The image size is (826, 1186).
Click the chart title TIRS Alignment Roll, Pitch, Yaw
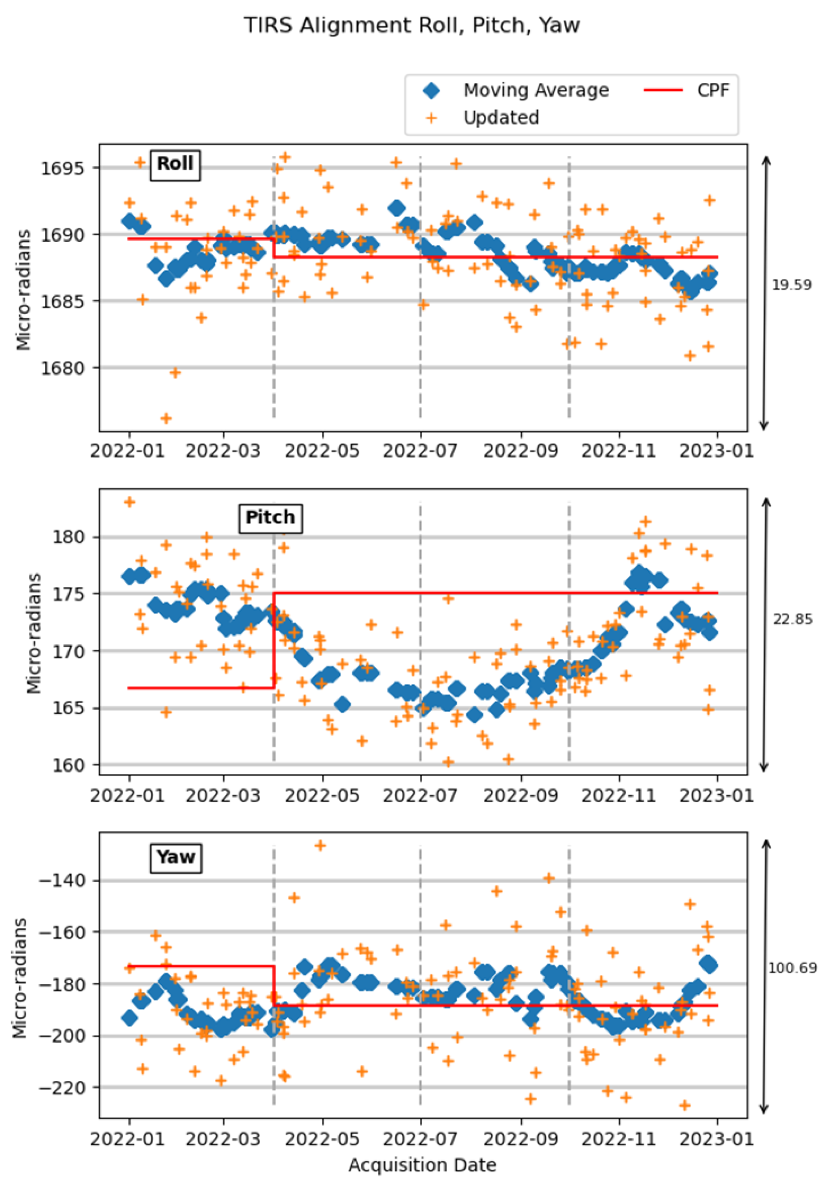[x=412, y=25]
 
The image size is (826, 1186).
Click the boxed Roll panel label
[x=175, y=164]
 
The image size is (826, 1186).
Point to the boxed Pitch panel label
[x=270, y=518]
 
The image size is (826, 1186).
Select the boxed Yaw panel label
[x=176, y=857]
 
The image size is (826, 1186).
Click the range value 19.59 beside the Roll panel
[x=791, y=285]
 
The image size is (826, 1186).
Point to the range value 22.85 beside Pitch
[x=792, y=619]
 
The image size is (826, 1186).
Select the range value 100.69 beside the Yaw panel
[x=792, y=968]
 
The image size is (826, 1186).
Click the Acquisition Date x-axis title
[x=422, y=1165]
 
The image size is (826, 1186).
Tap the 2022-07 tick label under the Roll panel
[x=419, y=451]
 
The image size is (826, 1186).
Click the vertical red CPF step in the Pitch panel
[x=273, y=641]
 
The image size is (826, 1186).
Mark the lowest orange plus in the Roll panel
[x=166, y=418]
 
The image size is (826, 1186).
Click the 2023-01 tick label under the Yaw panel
[x=716, y=1138]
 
